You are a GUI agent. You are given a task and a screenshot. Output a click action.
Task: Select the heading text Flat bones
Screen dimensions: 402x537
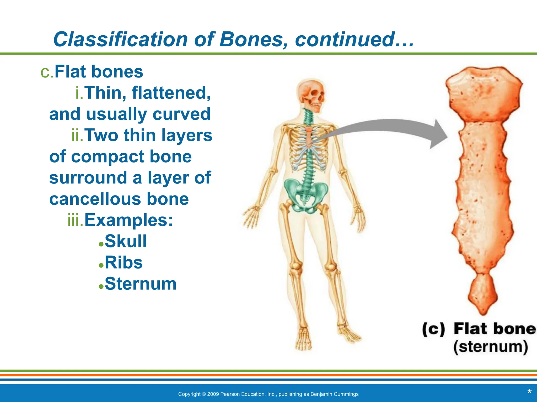coord(99,72)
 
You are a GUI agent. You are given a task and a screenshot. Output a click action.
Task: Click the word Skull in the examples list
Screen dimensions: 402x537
coord(126,241)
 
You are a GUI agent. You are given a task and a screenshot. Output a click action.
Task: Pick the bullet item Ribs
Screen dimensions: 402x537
coord(123,263)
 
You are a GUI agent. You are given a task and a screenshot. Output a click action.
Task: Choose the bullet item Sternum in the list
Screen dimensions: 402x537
coord(141,284)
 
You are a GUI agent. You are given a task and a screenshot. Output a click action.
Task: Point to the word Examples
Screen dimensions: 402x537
coord(128,220)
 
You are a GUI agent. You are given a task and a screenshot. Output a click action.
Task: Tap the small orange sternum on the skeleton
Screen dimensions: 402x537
coord(309,136)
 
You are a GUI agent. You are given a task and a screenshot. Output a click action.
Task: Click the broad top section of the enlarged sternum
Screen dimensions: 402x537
coord(484,94)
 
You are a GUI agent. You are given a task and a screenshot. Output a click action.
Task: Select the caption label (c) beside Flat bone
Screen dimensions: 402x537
coord(433,329)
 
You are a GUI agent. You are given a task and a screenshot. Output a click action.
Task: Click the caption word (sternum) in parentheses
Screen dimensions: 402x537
coord(490,347)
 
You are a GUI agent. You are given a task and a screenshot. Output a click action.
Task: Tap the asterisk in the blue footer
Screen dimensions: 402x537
coord(529,392)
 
